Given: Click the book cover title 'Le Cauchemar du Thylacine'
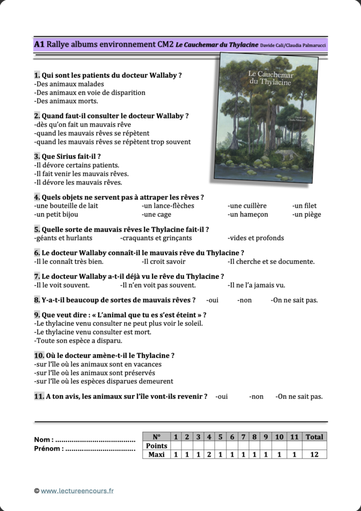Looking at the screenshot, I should (271, 78).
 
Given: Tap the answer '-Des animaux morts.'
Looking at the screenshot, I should (66, 101).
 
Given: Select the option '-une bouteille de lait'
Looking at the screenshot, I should (66, 206).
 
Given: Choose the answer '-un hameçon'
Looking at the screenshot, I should (248, 215).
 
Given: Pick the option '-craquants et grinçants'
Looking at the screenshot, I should (156, 238).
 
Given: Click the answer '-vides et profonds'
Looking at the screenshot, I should (256, 238).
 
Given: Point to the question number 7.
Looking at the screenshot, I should (37, 276).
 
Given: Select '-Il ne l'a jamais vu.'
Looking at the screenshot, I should (256, 285).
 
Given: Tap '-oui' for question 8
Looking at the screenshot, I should (212, 300).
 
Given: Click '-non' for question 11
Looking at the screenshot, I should (256, 397).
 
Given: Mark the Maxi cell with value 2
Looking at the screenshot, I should (209, 455).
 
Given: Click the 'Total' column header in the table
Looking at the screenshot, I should (314, 437).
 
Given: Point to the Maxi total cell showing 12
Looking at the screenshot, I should (314, 455).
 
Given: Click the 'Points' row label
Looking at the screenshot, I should (157, 446).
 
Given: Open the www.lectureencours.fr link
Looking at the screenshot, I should (77, 491).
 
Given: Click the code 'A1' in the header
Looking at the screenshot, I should (39, 44).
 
